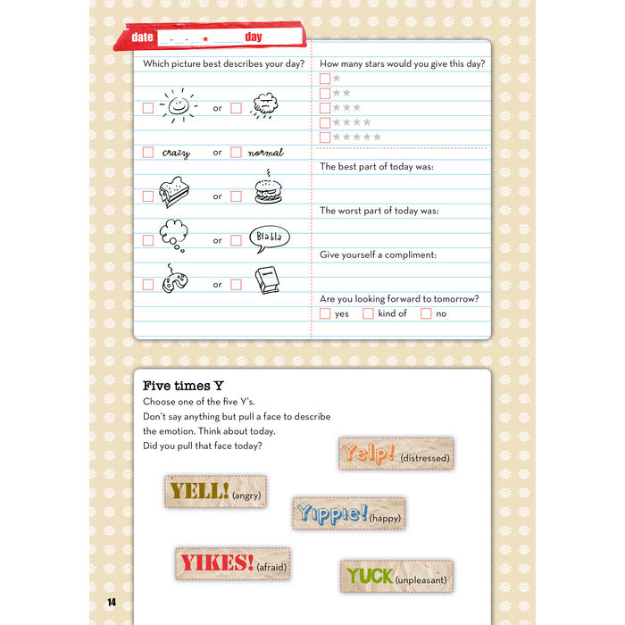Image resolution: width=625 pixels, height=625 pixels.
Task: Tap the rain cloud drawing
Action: [x=265, y=106]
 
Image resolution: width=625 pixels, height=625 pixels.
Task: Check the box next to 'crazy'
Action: [x=148, y=153]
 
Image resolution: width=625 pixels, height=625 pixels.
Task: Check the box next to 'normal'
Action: [x=236, y=153]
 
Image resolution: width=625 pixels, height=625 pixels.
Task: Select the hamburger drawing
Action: [x=268, y=192]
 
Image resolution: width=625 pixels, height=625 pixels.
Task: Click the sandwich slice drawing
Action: [x=175, y=193]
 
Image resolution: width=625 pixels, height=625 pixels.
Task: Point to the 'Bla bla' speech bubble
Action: [x=269, y=237]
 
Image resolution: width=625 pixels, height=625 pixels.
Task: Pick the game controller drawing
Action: [x=175, y=280]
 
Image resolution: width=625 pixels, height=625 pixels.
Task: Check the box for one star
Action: [x=325, y=79]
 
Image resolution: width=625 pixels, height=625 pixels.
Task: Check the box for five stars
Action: [x=325, y=137]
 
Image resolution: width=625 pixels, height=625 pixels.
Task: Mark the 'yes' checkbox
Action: [x=325, y=313]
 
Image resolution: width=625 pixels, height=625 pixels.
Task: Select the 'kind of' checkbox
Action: [x=368, y=313]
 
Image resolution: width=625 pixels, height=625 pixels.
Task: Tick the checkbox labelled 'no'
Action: [x=426, y=313]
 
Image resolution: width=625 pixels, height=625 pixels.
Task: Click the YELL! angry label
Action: [x=215, y=491]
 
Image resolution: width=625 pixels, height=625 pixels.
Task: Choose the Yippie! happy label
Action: [x=348, y=513]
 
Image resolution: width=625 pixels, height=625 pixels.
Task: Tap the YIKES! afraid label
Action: [x=232, y=563]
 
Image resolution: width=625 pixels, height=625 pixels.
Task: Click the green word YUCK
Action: [x=370, y=576]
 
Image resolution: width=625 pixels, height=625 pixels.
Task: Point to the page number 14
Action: [x=112, y=601]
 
